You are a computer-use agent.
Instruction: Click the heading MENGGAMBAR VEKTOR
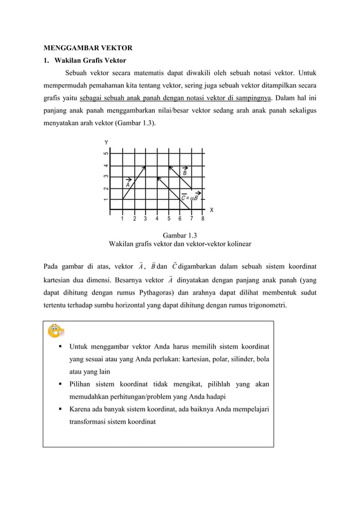[x=88, y=47]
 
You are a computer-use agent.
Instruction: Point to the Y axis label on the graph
[x=105, y=142]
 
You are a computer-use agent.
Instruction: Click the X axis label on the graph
[x=212, y=210]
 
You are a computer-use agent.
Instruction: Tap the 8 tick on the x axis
[x=203, y=219]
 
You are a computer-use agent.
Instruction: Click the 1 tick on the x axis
[x=122, y=219]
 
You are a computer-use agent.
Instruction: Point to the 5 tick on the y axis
[x=106, y=153]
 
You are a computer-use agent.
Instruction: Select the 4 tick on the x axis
[x=156, y=219]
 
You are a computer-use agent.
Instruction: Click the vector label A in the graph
[x=128, y=183]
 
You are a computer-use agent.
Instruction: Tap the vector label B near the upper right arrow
[x=185, y=173]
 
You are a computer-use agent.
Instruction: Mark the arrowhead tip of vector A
[x=145, y=166]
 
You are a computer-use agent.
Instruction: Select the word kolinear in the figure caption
[x=238, y=244]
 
